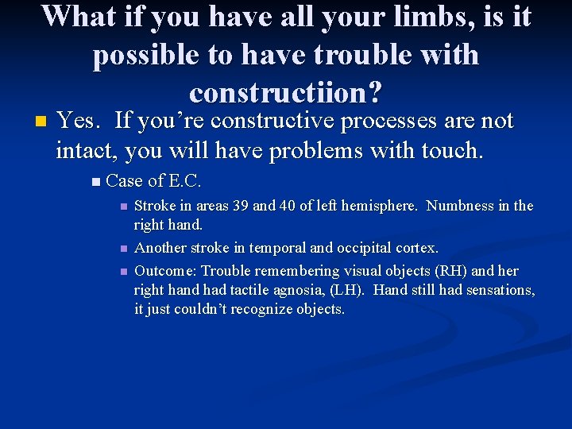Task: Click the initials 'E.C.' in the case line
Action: point(180,181)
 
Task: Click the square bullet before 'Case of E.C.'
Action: point(95,182)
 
